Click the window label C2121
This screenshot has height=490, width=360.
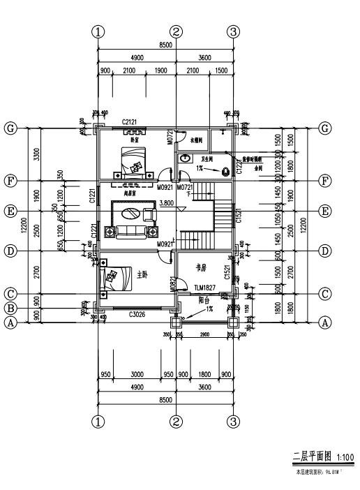(x=128, y=123)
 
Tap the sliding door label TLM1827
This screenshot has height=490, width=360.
(x=204, y=288)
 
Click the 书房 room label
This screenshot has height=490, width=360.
(x=203, y=266)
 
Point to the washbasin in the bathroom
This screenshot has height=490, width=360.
(x=186, y=158)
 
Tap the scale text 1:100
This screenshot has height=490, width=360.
(x=344, y=458)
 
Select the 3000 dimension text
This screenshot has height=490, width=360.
(x=137, y=375)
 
